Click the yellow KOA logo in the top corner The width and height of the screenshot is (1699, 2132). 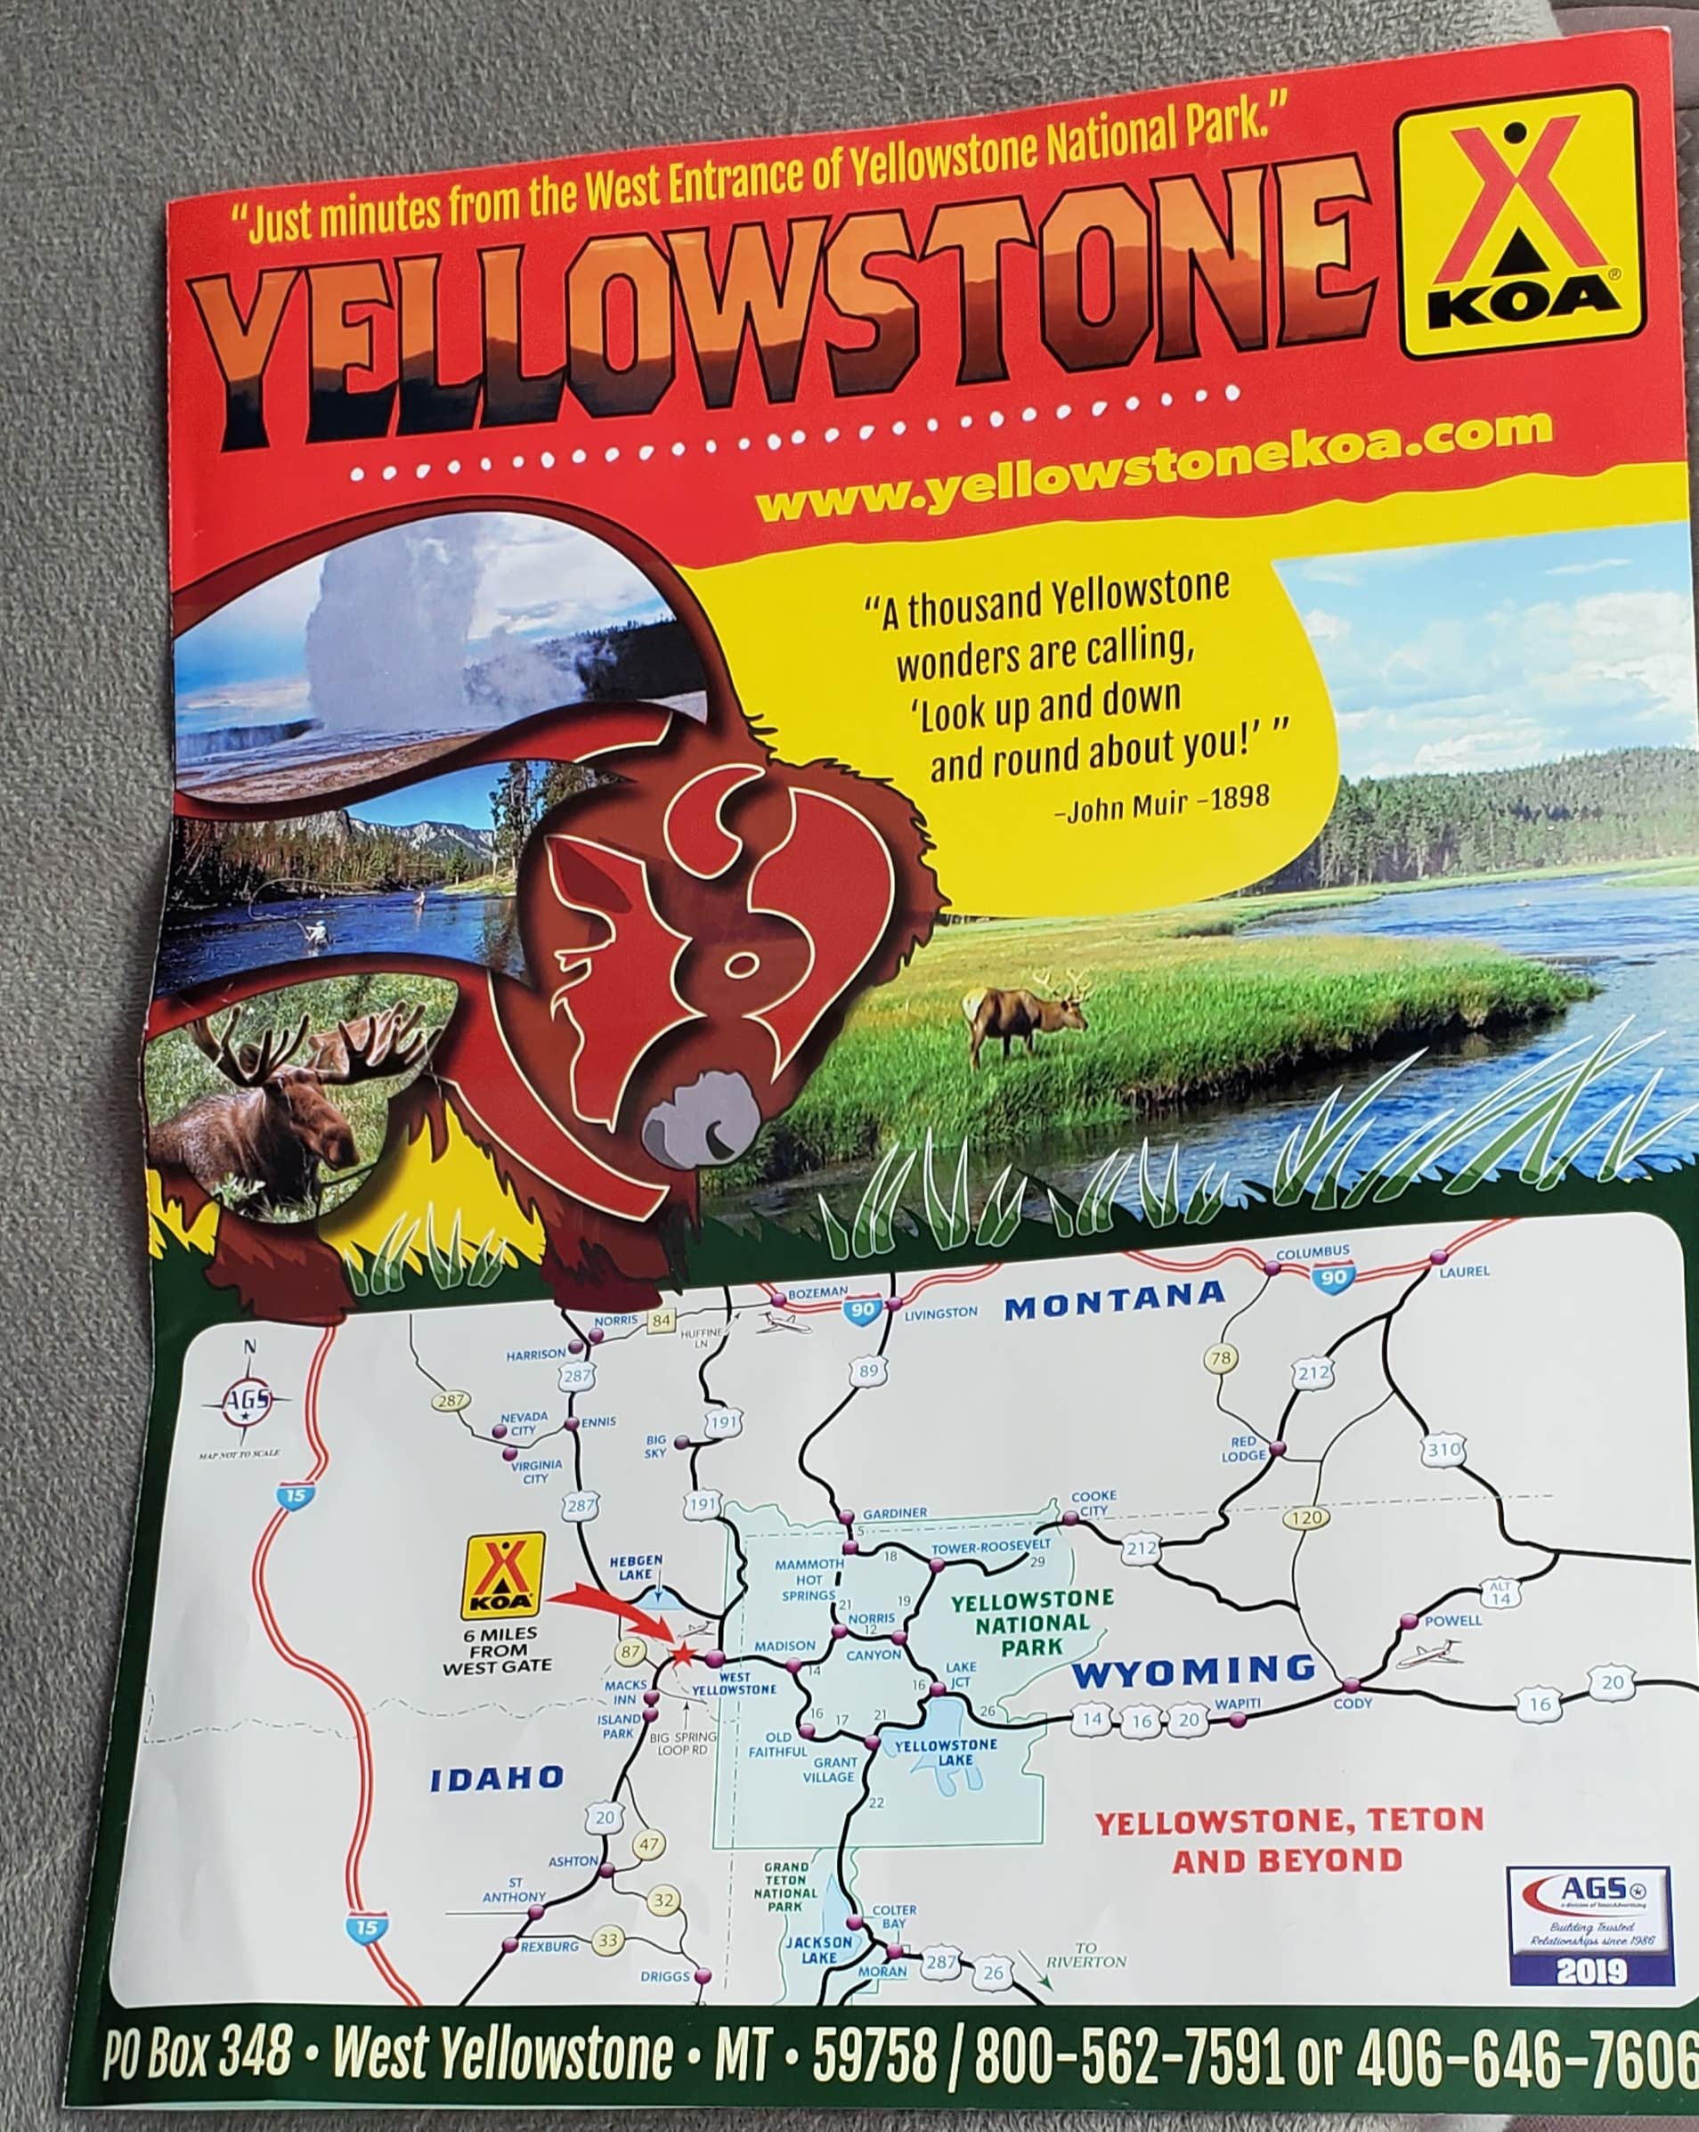tap(1522, 225)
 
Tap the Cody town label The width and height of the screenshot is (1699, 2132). tap(1352, 1703)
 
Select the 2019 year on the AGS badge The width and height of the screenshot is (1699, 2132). tap(1591, 1971)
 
